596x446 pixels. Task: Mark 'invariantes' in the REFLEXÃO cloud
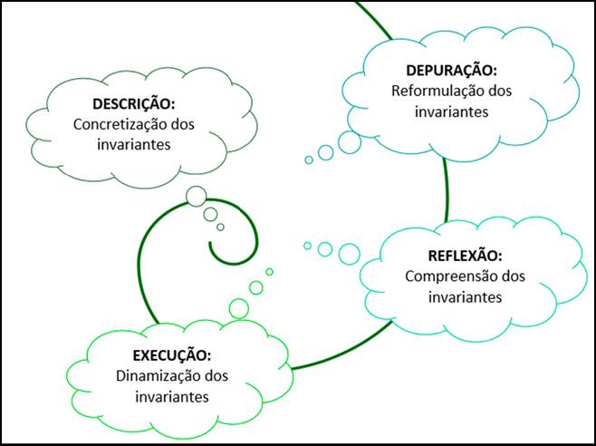click(x=463, y=296)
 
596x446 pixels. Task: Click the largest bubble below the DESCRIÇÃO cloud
click(x=196, y=196)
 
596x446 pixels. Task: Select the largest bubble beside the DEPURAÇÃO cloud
click(x=350, y=141)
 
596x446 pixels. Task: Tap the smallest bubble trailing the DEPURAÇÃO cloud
click(x=309, y=160)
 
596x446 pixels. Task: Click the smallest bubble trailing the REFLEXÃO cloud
click(x=307, y=246)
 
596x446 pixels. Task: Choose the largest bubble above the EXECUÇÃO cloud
click(x=239, y=308)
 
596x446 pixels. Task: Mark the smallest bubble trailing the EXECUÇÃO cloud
click(x=269, y=272)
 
